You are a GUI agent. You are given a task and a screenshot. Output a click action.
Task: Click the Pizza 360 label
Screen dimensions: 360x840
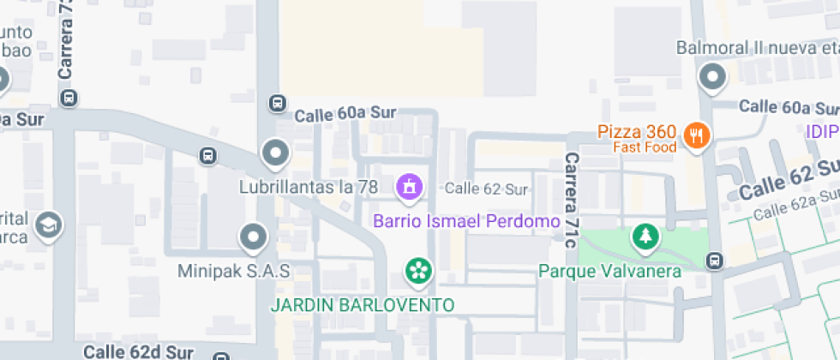(x=637, y=132)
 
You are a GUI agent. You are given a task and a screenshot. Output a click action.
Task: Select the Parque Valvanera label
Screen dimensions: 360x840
(x=609, y=272)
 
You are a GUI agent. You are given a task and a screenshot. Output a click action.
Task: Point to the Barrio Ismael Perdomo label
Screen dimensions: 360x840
(x=466, y=220)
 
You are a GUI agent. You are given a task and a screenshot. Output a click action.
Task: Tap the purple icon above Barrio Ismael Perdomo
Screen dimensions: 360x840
(x=409, y=186)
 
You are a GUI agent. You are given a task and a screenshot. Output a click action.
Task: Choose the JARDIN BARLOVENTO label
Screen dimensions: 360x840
(x=363, y=304)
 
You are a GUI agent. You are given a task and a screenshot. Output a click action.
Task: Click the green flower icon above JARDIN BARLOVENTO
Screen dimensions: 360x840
(x=418, y=273)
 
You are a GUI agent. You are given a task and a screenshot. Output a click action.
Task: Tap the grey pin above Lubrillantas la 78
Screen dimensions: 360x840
(x=275, y=154)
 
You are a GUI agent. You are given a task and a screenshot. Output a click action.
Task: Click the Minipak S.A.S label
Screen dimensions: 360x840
(x=234, y=271)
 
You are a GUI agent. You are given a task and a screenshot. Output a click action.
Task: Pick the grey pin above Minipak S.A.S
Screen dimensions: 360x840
(x=253, y=237)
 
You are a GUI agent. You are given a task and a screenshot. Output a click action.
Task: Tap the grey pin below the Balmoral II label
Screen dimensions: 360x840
(x=712, y=79)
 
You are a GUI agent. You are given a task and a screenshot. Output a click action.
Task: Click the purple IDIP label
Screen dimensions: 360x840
(x=821, y=132)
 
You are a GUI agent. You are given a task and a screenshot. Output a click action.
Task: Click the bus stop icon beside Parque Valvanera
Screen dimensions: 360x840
(x=714, y=260)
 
